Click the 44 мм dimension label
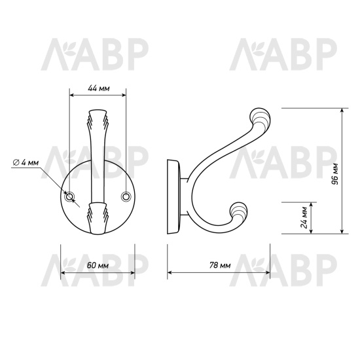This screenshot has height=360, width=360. (99, 88)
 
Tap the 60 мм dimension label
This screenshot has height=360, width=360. (98, 266)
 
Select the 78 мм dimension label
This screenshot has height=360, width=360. (220, 265)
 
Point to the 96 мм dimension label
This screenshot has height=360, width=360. (335, 174)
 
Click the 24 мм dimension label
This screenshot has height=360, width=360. (304, 217)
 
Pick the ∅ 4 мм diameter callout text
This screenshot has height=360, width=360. (26, 162)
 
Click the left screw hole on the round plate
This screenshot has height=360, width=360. (69, 197)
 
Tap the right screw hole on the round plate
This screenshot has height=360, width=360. (126, 196)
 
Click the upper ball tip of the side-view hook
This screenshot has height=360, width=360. (260, 118)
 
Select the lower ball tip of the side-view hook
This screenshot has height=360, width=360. (239, 211)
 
